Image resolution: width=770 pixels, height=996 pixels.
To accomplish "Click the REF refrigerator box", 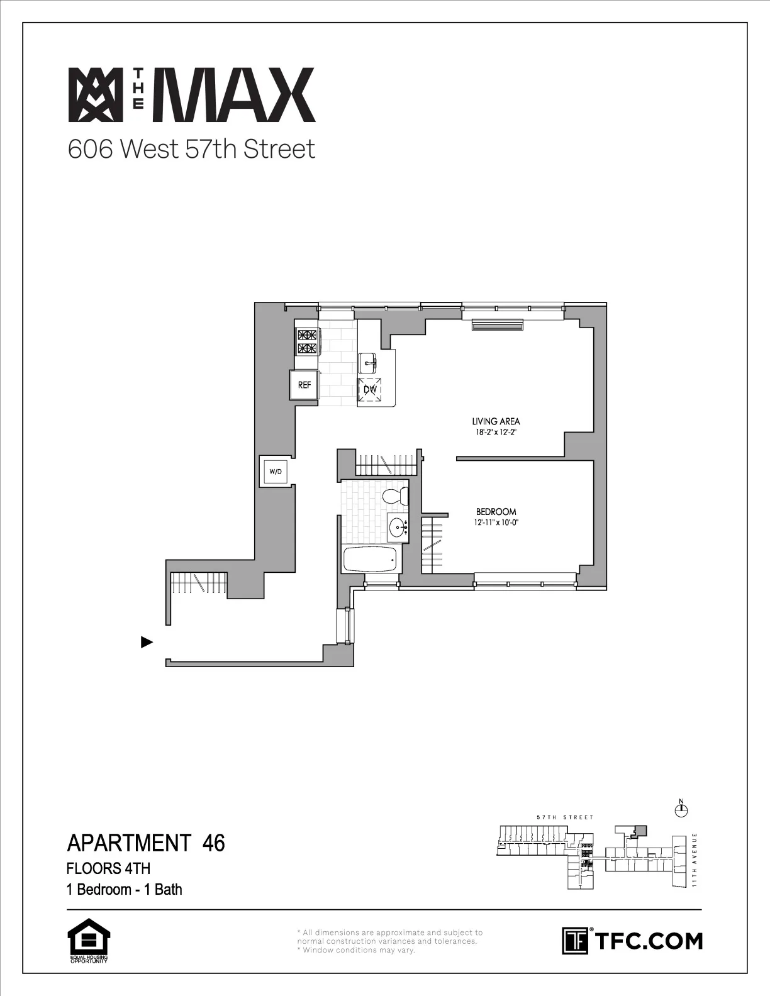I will point(304,385).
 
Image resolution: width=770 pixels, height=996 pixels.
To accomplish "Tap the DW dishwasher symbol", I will point(370,389).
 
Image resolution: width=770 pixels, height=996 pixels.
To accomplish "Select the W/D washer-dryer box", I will point(276,471).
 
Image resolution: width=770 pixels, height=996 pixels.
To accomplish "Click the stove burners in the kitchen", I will point(307,341).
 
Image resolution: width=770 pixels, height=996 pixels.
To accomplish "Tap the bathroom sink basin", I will point(398,527).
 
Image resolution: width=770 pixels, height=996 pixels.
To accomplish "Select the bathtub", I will point(370,558).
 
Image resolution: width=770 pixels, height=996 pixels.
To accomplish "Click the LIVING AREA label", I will point(496,421).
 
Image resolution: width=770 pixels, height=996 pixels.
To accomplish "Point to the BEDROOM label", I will point(496,512).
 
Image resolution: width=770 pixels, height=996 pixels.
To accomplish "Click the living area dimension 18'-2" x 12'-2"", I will point(496,432).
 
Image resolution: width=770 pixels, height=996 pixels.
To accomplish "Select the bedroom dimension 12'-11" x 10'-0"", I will point(496,523).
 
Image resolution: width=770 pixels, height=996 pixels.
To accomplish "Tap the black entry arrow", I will point(147,642).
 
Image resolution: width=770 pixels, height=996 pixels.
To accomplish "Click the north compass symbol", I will point(680,811).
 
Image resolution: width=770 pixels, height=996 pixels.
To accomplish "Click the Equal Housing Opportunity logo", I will point(89,941).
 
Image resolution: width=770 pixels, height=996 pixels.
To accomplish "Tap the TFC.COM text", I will point(648,941).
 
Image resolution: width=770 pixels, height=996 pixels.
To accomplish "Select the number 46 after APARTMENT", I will point(214,843).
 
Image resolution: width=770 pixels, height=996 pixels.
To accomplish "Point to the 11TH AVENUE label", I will point(695,860).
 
